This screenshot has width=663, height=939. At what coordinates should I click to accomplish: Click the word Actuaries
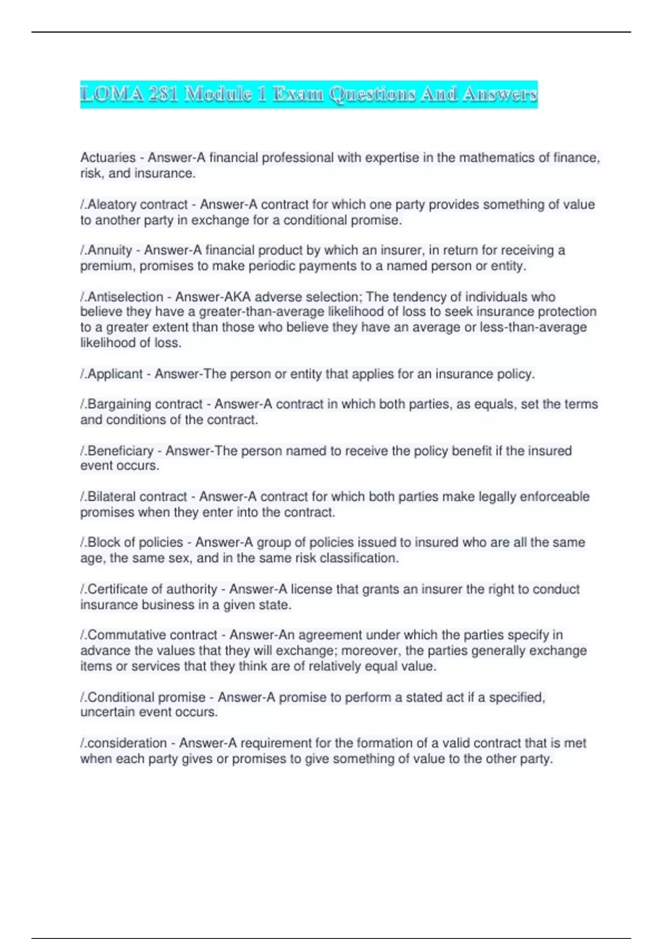(x=108, y=158)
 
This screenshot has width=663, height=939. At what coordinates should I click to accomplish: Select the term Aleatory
(x=112, y=204)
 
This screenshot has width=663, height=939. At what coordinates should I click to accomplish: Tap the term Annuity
(x=109, y=251)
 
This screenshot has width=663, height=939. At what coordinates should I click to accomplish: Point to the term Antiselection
(x=125, y=297)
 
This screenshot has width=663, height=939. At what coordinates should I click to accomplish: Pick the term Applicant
(x=115, y=374)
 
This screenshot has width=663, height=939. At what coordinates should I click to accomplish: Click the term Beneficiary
(x=120, y=451)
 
